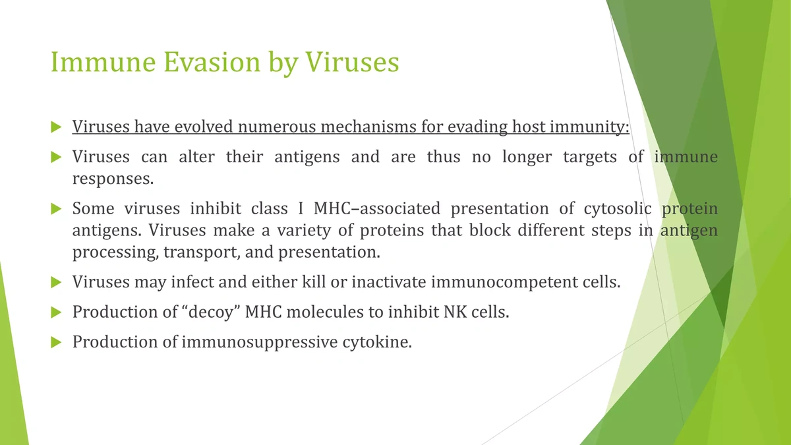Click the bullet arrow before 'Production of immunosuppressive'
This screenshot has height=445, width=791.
56,342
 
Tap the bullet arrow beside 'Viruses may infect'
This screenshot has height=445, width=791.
56,282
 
